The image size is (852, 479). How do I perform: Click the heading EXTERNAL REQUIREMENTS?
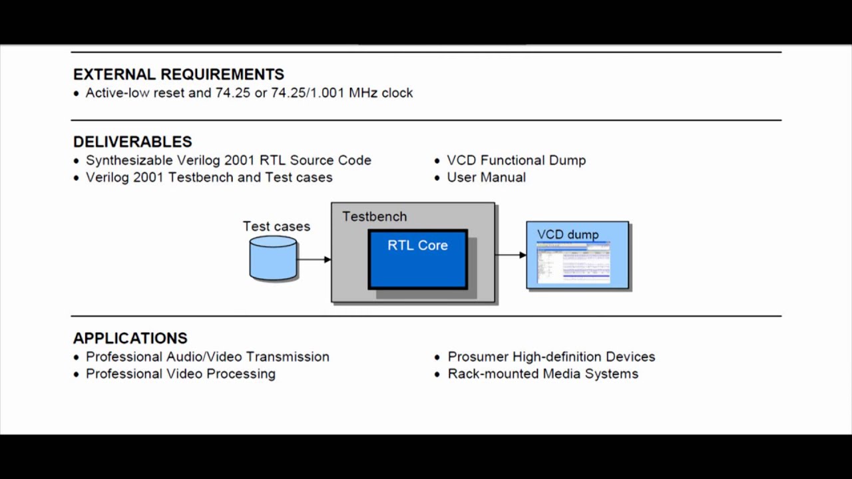(x=178, y=75)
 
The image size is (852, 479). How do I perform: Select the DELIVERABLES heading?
(x=132, y=142)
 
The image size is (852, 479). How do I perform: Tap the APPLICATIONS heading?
(x=130, y=338)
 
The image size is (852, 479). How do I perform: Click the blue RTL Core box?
(x=417, y=259)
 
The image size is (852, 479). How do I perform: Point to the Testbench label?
(x=374, y=216)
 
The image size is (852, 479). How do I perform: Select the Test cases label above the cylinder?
(x=276, y=226)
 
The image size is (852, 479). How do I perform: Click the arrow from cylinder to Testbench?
(x=314, y=259)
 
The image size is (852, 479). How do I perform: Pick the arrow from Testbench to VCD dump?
(x=511, y=255)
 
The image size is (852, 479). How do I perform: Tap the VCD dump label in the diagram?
(x=568, y=234)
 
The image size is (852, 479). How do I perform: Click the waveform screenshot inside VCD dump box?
(x=574, y=263)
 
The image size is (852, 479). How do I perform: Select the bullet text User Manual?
(x=486, y=177)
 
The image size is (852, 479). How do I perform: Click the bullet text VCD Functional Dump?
(x=516, y=160)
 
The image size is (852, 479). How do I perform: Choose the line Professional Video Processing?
(x=180, y=374)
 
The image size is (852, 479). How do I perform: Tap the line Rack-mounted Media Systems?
(x=542, y=374)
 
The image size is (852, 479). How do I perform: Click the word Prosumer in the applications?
(x=477, y=357)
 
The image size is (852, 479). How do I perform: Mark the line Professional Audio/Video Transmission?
(x=207, y=357)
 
